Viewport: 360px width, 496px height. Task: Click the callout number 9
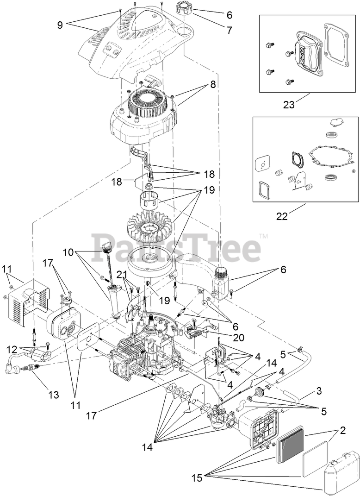click(60, 25)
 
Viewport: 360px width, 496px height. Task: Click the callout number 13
click(54, 395)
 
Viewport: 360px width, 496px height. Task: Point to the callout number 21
click(122, 275)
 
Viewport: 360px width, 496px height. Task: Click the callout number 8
click(212, 85)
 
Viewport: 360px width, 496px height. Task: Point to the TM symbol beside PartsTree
click(264, 237)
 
